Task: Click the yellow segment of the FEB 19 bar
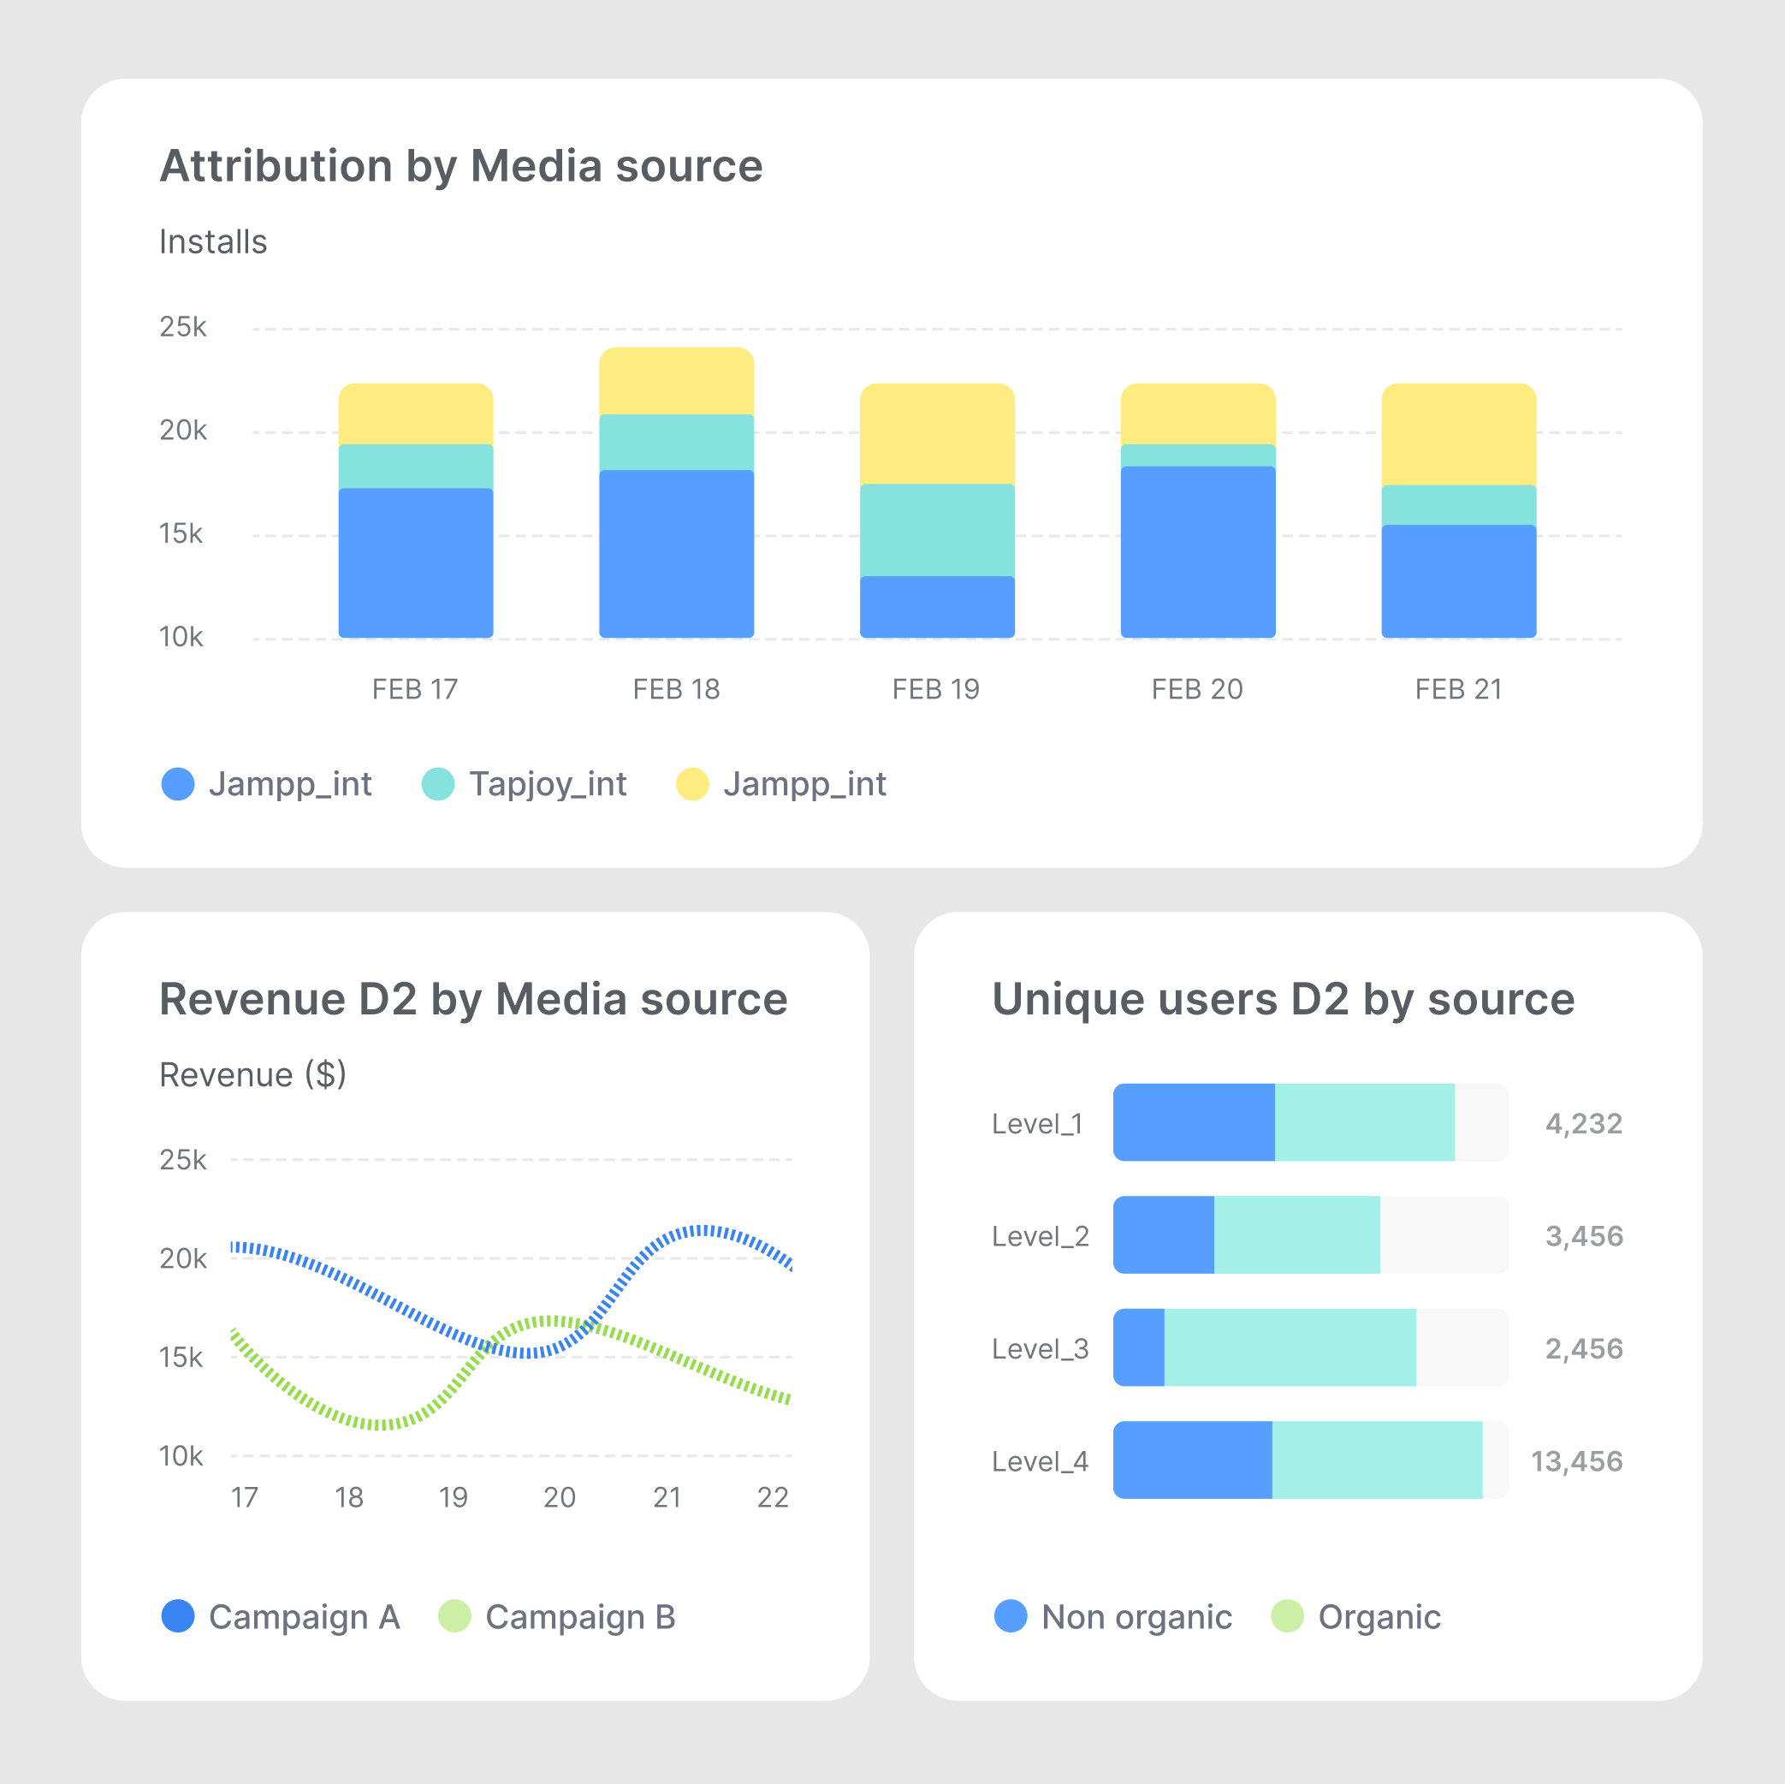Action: pyautogui.click(x=937, y=433)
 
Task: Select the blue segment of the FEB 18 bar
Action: pyautogui.click(x=676, y=553)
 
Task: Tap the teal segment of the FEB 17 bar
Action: pyautogui.click(x=416, y=466)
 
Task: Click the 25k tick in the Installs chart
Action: pyautogui.click(x=183, y=327)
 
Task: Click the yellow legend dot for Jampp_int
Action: pyautogui.click(x=692, y=784)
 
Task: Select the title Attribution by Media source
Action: pyautogui.click(x=461, y=166)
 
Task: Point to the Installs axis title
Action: pyautogui.click(x=213, y=241)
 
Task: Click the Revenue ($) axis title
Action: pyautogui.click(x=252, y=1074)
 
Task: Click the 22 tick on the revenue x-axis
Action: pyautogui.click(x=773, y=1496)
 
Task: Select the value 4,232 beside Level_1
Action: pyautogui.click(x=1584, y=1123)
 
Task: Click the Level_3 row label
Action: pyautogui.click(x=1040, y=1348)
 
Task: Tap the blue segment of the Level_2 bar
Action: pyautogui.click(x=1163, y=1235)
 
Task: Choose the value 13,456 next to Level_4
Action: pyautogui.click(x=1576, y=1461)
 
